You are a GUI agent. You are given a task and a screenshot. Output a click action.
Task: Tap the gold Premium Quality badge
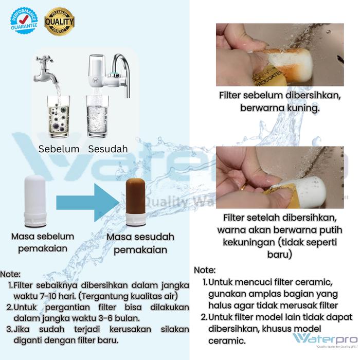click(x=60, y=21)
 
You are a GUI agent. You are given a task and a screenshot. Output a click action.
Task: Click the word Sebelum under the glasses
click(x=59, y=149)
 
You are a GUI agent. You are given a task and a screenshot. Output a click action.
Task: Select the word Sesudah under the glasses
click(x=107, y=149)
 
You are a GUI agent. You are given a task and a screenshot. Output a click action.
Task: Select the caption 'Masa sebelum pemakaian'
click(x=43, y=242)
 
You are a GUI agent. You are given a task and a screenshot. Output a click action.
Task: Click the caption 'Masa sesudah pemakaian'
click(x=140, y=243)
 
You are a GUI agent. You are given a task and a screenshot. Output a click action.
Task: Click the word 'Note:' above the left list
click(x=11, y=274)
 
